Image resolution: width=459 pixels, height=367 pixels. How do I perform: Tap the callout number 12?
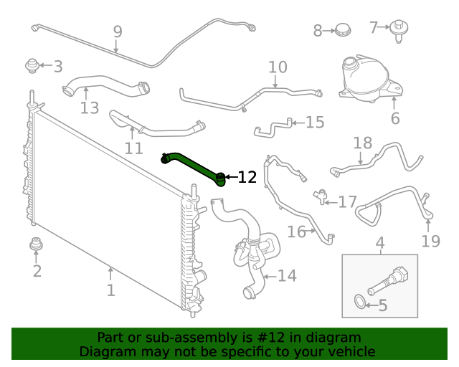point(247,177)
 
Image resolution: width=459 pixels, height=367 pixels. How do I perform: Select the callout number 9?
point(118,32)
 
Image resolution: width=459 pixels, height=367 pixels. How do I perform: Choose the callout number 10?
point(278,67)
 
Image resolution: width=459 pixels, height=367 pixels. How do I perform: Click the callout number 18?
point(363,143)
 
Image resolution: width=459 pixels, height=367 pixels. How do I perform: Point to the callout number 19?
point(430,241)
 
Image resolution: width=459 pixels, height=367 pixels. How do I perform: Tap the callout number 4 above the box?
point(380,243)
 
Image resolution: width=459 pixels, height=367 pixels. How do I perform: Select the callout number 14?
point(287,275)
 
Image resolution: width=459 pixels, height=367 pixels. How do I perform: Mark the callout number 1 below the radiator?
point(110,290)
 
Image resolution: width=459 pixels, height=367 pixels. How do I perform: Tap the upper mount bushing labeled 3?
point(32,65)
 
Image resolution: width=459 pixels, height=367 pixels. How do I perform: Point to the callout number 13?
point(89,108)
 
